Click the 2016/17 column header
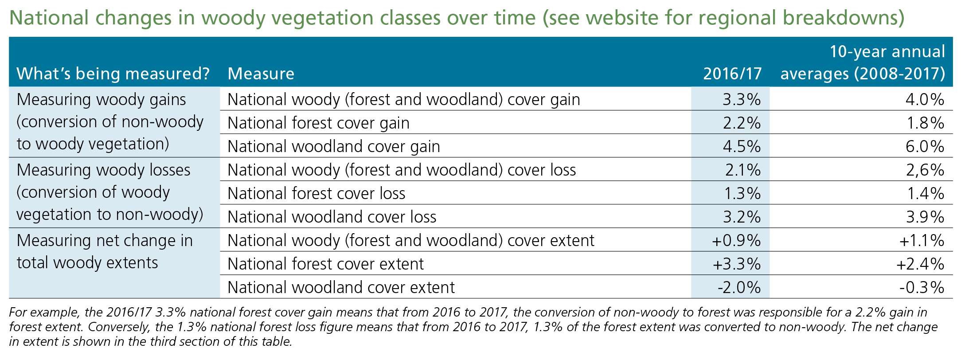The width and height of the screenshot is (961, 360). [x=732, y=74]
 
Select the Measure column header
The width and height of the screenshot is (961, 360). [x=261, y=74]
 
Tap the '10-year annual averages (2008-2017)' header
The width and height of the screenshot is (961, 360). [x=863, y=63]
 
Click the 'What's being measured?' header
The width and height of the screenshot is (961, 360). [x=113, y=74]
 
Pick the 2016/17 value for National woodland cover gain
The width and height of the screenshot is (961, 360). [x=742, y=146]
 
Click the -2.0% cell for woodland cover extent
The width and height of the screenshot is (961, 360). [x=739, y=287]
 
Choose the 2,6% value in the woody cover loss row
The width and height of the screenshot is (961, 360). [x=925, y=170]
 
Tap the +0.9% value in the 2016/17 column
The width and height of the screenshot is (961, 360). [x=736, y=240]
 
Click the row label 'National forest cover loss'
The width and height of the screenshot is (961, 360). [x=316, y=193]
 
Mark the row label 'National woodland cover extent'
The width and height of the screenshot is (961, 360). [x=341, y=287]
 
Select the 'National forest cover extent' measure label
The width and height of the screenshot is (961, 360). [x=326, y=264]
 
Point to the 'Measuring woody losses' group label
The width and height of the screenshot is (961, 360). [x=104, y=170]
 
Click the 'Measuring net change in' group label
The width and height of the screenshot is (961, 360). [x=105, y=240]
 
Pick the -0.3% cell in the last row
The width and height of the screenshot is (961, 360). [x=922, y=287]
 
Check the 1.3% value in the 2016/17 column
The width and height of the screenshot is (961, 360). [x=742, y=193]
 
